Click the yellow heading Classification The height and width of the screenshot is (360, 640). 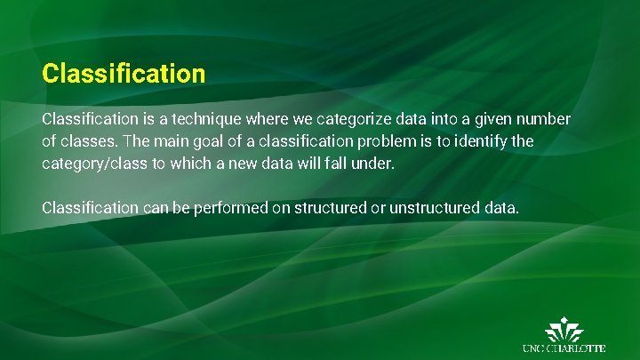pos(124,73)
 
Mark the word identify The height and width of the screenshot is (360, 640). pos(478,141)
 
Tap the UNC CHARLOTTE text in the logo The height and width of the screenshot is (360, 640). pos(564,348)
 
